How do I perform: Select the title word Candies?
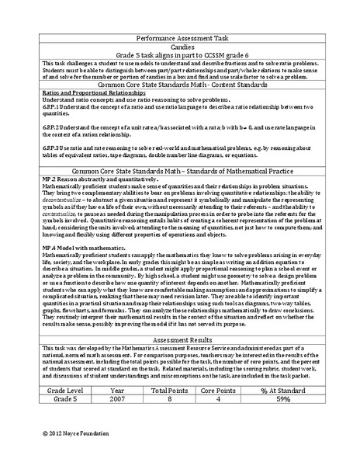[x=179, y=46]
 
